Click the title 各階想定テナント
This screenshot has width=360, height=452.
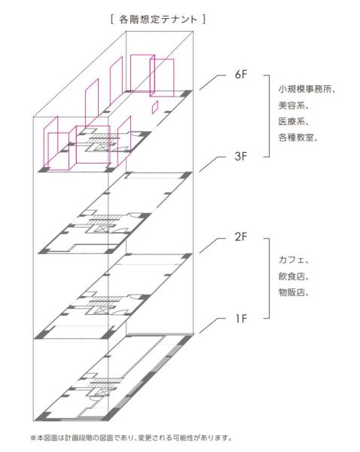pyautogui.click(x=158, y=20)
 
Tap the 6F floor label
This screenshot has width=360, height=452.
pyautogui.click(x=241, y=75)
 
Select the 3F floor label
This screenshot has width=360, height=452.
pyautogui.click(x=241, y=157)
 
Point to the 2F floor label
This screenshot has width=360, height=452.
pyautogui.click(x=241, y=237)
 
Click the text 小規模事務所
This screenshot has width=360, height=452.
pyautogui.click(x=304, y=89)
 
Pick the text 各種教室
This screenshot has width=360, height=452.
pyautogui.click(x=296, y=137)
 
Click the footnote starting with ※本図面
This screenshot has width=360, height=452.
pyautogui.click(x=131, y=438)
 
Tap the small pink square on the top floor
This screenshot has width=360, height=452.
pyautogui.click(x=155, y=107)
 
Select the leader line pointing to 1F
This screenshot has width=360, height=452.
pyautogui.click(x=212, y=325)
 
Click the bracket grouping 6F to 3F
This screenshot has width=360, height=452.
pyautogui.click(x=269, y=116)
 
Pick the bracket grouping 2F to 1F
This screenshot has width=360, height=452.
pyautogui.click(x=269, y=279)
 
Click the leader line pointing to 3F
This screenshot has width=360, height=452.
pyautogui.click(x=212, y=163)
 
